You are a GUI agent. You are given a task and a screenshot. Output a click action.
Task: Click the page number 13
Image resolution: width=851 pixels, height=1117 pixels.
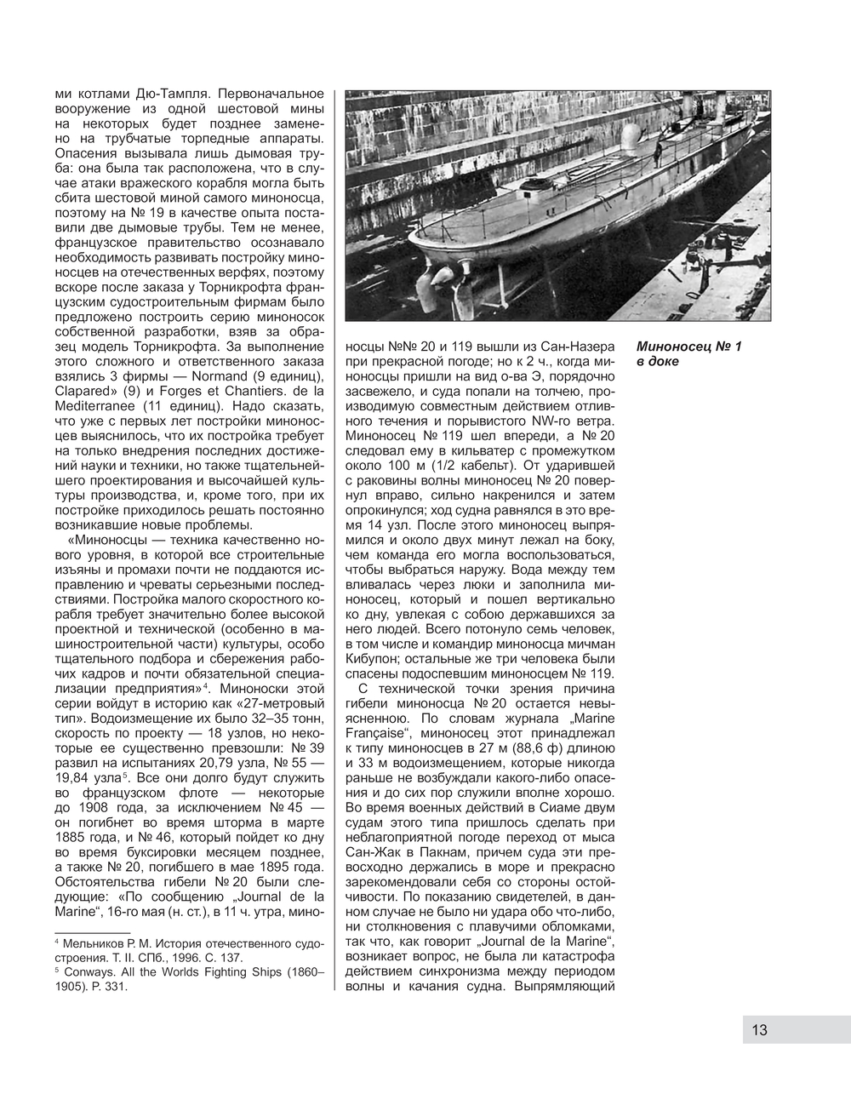759,1029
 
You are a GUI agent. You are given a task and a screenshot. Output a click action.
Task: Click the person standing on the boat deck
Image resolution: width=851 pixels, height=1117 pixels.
657,153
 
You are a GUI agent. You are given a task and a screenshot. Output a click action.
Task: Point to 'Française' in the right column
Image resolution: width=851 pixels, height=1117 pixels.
379,734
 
